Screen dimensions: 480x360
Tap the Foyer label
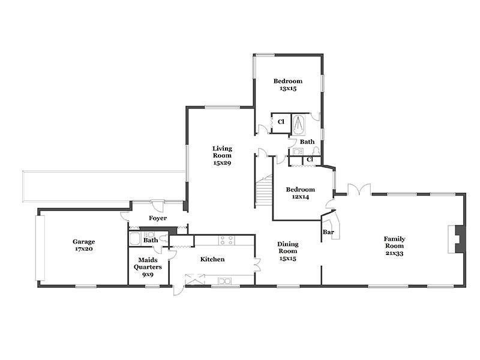[158, 218]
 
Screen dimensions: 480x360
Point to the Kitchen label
[212, 259]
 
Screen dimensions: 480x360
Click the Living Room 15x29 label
[222, 155]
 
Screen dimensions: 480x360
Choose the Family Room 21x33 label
[394, 246]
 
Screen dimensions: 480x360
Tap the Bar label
[328, 232]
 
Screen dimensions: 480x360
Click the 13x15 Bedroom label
[288, 85]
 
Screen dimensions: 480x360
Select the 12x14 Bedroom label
[301, 193]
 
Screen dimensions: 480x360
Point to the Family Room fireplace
[457, 239]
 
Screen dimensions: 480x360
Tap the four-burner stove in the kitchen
[227, 241]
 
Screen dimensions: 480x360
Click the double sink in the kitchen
[224, 281]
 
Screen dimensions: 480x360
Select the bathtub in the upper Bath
[298, 125]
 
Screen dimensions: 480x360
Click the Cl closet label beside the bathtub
[281, 122]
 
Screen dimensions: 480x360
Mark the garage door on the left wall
[40, 248]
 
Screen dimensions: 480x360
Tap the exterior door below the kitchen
[178, 290]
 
